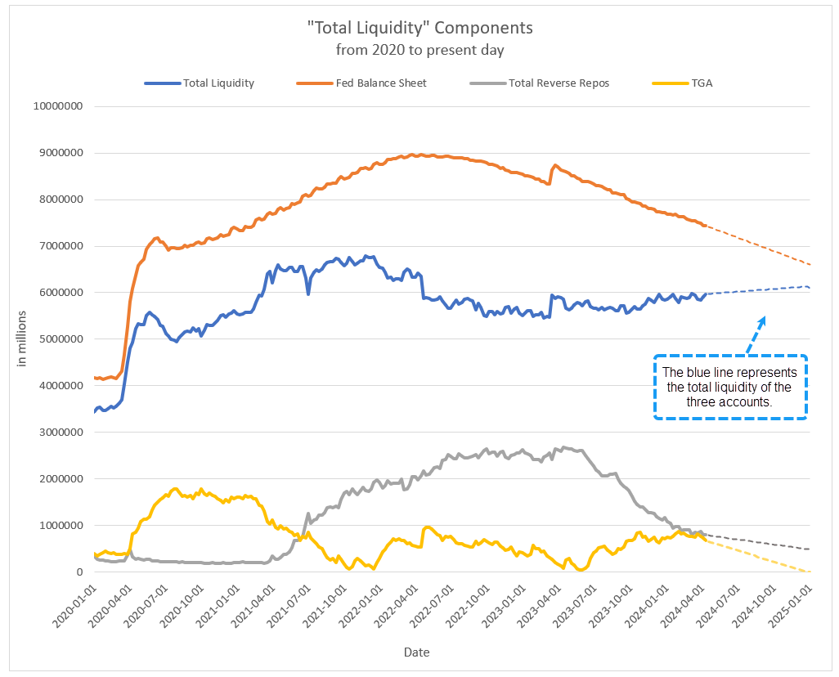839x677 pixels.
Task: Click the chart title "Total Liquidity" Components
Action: coord(419,28)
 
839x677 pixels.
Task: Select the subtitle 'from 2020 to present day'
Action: coord(419,50)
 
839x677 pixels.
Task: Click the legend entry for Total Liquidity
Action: coord(218,83)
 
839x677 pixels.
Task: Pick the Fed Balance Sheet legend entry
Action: coord(381,83)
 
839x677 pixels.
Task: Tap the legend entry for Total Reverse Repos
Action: coord(559,83)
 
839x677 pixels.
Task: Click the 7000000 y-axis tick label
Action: coord(63,246)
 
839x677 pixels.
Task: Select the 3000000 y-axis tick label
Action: coord(63,433)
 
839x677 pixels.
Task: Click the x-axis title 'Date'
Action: coord(416,652)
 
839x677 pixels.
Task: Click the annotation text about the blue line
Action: coord(730,388)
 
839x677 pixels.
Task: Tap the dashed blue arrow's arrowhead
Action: coord(764,319)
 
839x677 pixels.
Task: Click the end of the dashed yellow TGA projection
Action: coord(810,572)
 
